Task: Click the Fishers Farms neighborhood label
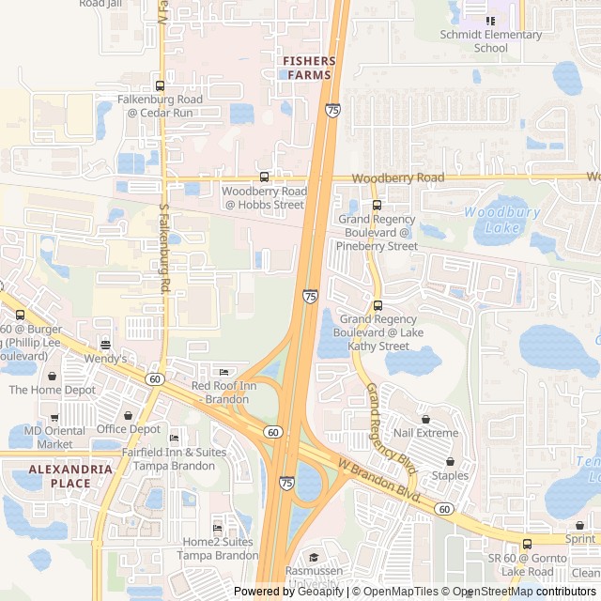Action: pos(308,68)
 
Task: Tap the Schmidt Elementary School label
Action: pos(491,41)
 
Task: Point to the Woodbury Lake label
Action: pos(501,220)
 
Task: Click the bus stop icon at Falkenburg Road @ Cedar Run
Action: pos(160,85)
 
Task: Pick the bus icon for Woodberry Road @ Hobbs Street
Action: pos(264,177)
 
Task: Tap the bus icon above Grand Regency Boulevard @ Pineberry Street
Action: pos(378,205)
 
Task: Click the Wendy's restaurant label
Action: pos(106,359)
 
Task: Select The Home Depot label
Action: pos(53,390)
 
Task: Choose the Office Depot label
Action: pos(129,429)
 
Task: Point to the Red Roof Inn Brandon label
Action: pos(223,393)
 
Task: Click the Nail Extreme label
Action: pos(426,433)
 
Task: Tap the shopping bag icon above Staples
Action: pos(451,462)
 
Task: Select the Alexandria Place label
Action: pos(59,476)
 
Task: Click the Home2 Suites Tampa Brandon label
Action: pos(220,548)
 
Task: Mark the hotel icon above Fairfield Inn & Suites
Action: pos(174,439)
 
